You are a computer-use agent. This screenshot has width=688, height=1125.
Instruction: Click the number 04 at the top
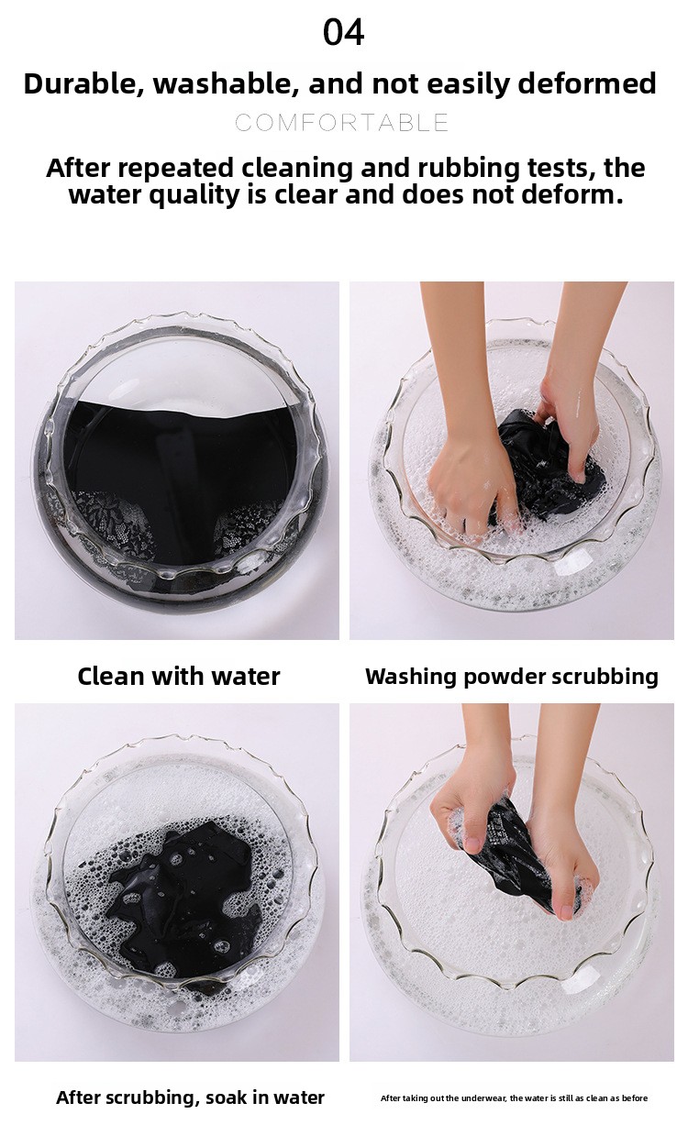click(x=344, y=32)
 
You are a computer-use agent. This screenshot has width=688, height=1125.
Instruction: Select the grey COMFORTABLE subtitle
click(x=342, y=123)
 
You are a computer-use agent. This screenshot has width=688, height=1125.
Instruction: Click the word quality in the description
click(x=194, y=195)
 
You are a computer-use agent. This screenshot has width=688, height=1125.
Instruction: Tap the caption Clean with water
click(x=178, y=676)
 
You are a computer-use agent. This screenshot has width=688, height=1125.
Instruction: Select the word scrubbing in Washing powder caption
click(x=605, y=677)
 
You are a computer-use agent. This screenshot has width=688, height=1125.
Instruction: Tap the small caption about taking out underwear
click(x=514, y=1098)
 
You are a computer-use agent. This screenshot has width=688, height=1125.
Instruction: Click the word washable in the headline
click(x=224, y=83)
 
